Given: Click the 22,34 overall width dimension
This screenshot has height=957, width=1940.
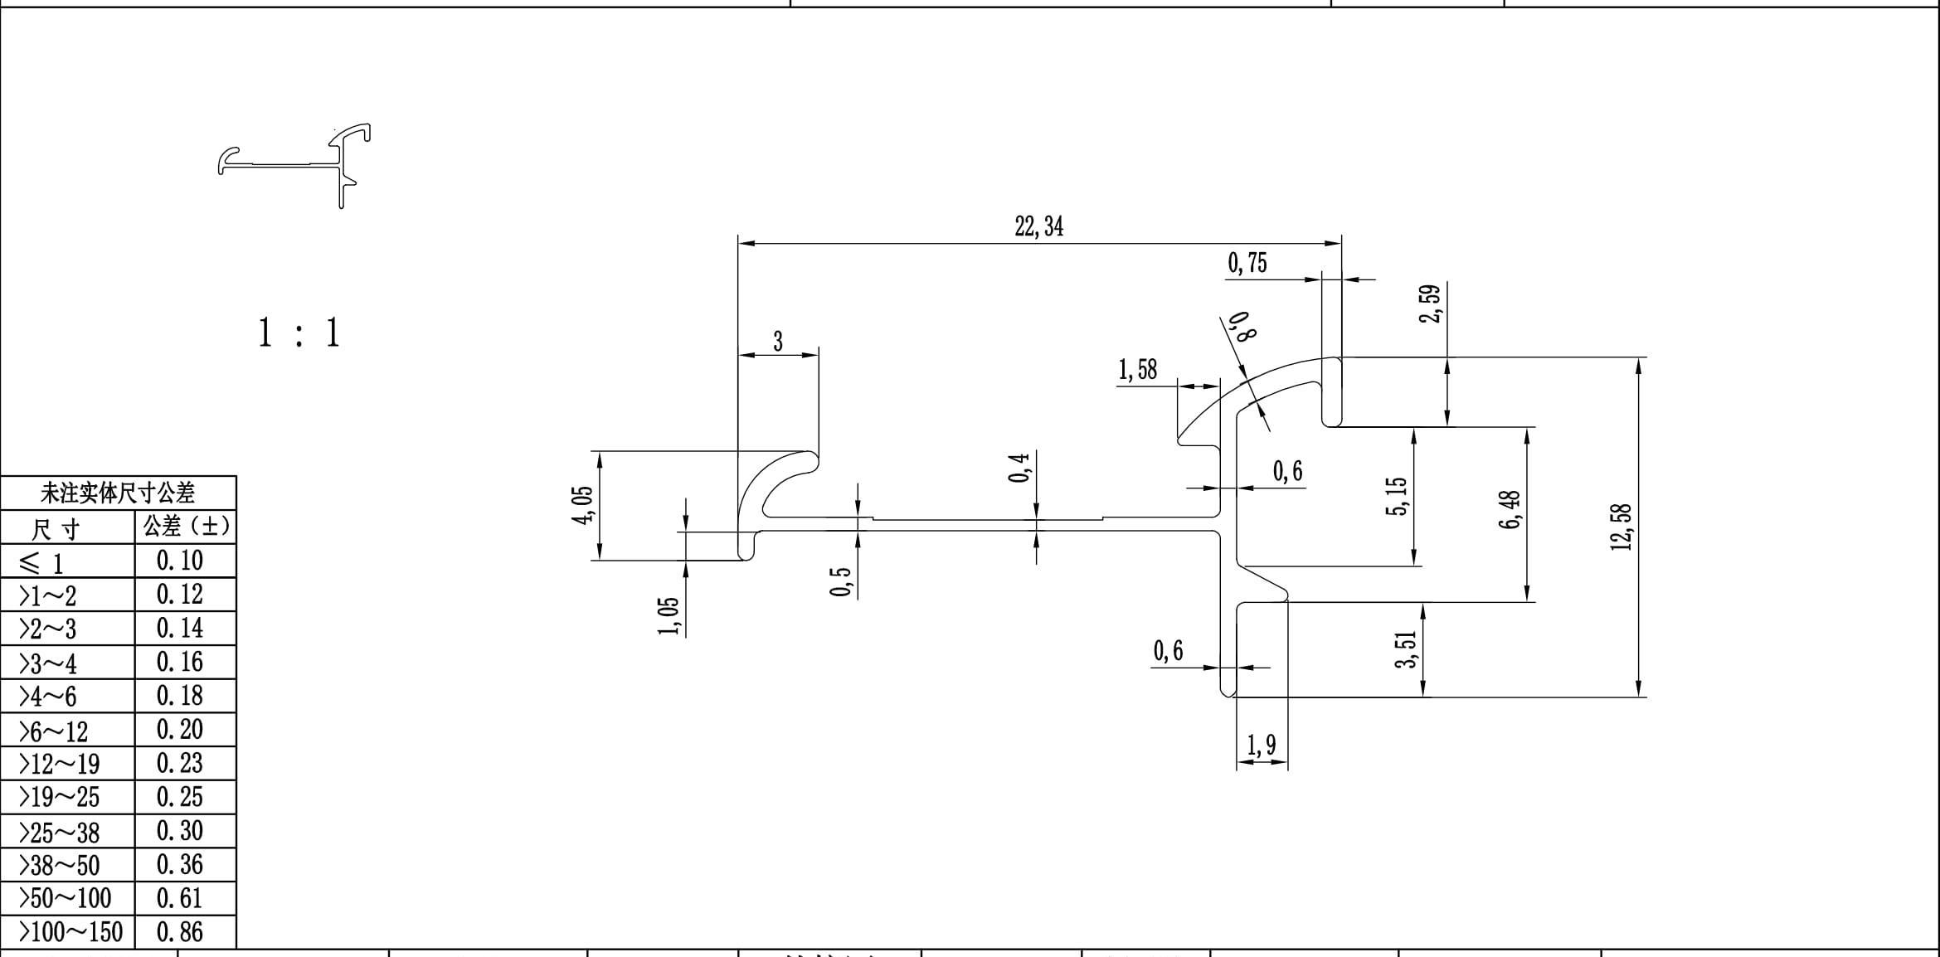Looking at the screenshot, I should coord(1038,226).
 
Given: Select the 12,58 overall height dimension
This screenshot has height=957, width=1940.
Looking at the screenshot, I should coord(1621,527).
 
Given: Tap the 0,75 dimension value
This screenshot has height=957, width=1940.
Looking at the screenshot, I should coord(1247,264).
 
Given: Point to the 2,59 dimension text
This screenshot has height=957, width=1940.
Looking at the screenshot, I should coord(1431,304).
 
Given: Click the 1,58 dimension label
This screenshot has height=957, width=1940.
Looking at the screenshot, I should coord(1137,370).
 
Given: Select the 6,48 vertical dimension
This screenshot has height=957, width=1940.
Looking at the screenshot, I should coord(1510,510).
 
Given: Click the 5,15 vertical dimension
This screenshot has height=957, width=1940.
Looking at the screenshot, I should coord(1396,496).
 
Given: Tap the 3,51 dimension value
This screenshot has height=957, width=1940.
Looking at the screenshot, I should coord(1406,649).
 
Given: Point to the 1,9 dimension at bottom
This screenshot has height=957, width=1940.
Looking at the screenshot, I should coord(1261,746).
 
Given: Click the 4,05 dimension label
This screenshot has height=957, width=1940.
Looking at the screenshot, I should coord(583,504).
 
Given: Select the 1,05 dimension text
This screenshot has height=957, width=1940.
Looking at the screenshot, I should coord(669,616).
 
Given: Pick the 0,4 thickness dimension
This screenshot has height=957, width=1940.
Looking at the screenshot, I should coord(1019,468).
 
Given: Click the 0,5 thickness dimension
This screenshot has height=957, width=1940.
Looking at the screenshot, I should coord(840,582).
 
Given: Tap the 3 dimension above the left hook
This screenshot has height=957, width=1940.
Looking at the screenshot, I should coord(777,342).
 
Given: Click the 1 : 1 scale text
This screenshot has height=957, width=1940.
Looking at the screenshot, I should coord(299,333).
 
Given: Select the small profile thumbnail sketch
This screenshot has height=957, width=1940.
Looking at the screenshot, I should coord(294,165).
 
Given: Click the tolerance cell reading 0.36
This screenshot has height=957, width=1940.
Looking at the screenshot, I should coord(180,865).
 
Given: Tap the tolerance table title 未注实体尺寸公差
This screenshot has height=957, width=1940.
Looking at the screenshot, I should coord(118,493).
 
